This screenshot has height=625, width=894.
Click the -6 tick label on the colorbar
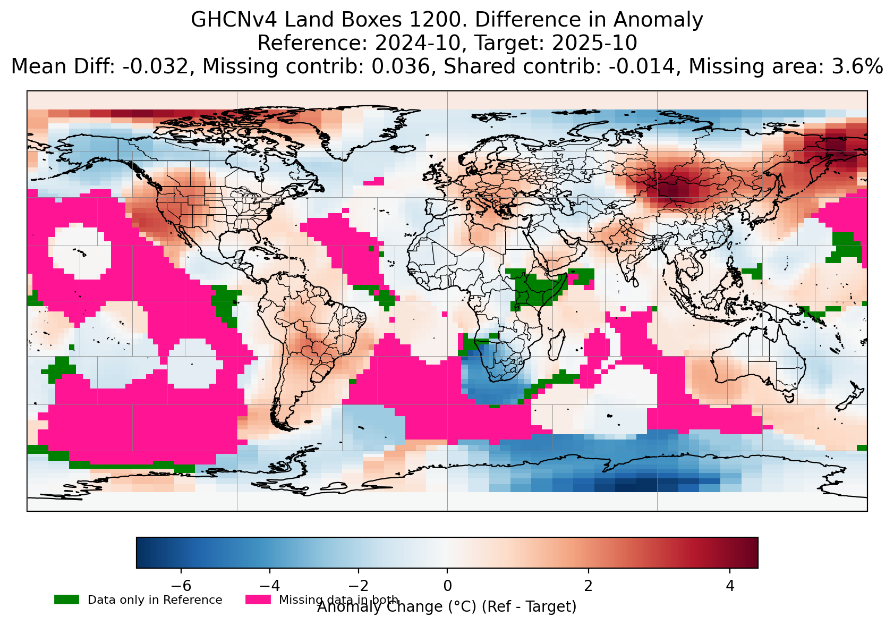point(181,586)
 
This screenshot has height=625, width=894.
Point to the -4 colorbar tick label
point(270,586)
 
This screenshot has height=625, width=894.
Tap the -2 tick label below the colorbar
point(358,586)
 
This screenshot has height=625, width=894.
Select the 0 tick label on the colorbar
point(447,586)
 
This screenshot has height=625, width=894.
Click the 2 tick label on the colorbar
point(588,586)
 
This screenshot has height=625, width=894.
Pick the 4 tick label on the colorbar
point(730,586)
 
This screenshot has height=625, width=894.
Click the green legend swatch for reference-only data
point(66,599)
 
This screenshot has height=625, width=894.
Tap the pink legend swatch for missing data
point(258,599)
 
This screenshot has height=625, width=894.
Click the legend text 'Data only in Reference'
point(155,600)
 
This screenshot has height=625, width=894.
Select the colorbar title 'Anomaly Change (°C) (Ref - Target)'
point(447,607)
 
